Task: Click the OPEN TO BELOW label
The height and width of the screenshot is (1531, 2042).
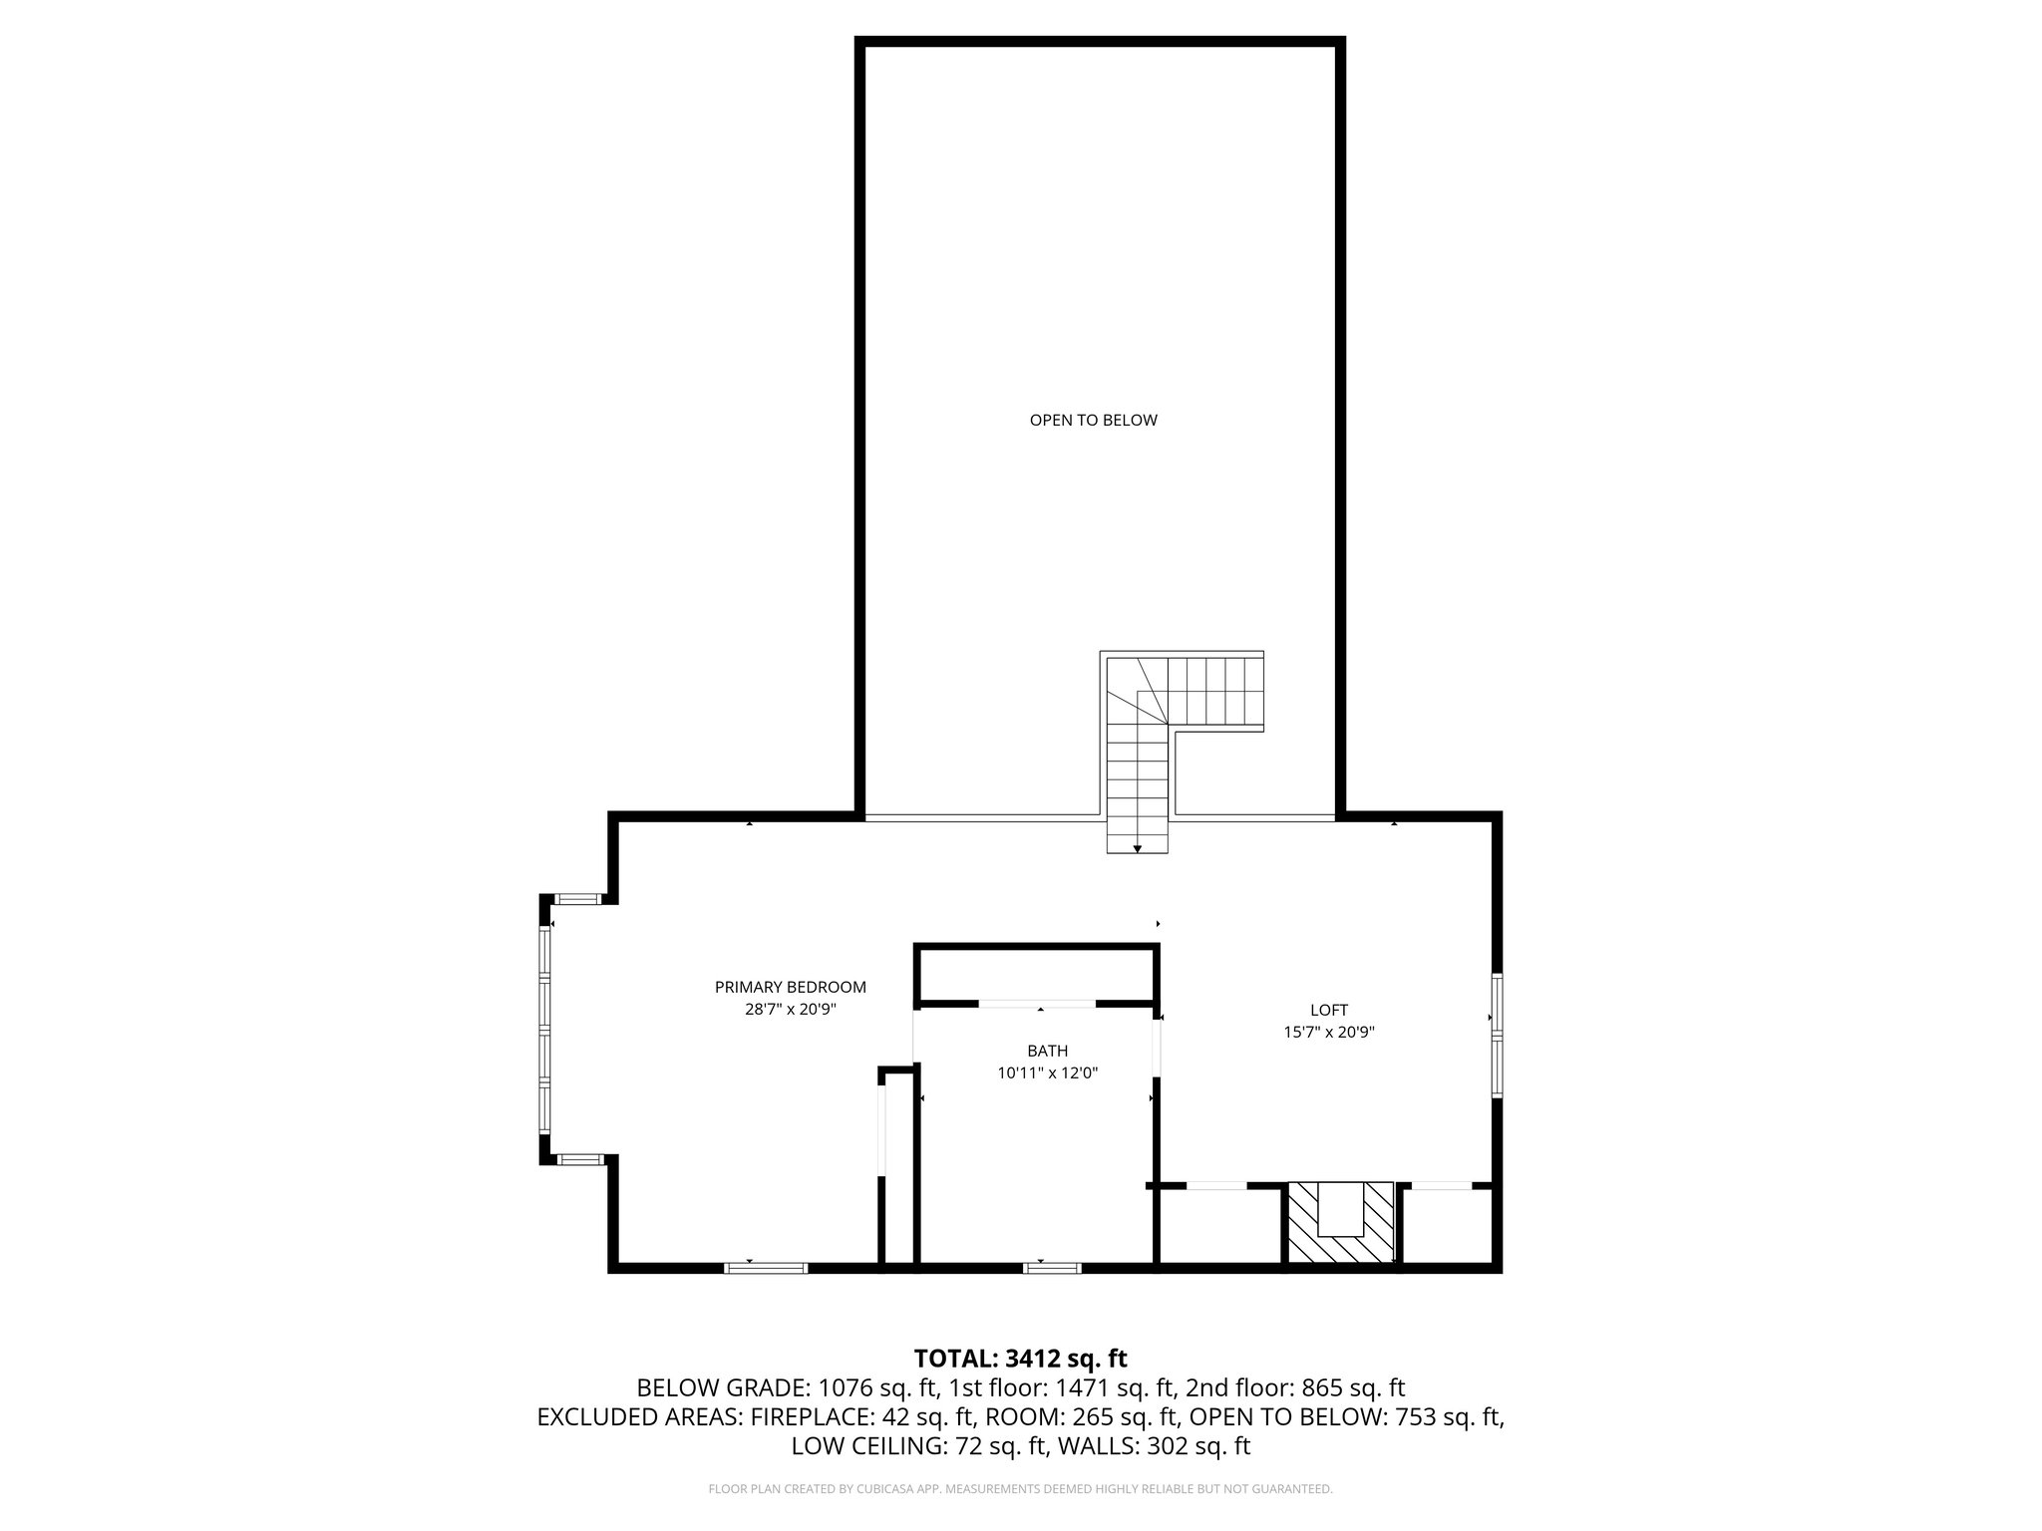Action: (x=1093, y=421)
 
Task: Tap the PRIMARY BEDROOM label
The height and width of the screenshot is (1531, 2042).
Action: (x=790, y=987)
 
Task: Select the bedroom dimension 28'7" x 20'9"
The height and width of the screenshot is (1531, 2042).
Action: (x=790, y=1009)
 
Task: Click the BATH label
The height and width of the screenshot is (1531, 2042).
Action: (x=1047, y=1051)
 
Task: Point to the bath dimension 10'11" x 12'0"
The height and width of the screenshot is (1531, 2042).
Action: (x=1047, y=1073)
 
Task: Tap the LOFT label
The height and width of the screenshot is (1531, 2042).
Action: (x=1329, y=1010)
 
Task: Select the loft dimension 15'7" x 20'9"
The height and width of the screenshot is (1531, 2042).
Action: (x=1329, y=1034)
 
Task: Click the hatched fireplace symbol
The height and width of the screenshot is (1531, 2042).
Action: (x=1341, y=1225)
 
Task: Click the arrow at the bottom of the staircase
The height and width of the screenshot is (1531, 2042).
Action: (x=1137, y=848)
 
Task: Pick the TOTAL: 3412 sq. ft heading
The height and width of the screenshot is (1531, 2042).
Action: (x=1020, y=1359)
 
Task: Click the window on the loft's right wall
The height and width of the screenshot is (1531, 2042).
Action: (x=1497, y=1037)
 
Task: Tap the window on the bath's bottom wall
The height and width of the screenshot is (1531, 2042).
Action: (x=1052, y=1268)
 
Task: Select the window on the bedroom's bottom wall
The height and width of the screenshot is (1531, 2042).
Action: (x=766, y=1268)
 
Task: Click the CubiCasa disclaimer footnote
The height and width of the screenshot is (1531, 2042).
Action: (x=1020, y=1489)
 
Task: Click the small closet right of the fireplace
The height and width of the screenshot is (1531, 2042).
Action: (x=1447, y=1227)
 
